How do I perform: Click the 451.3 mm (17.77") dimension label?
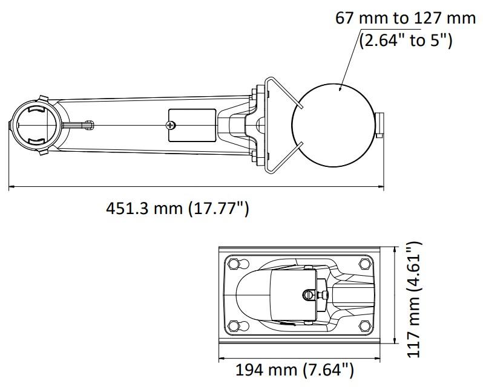[177, 209]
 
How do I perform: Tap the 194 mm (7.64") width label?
[295, 370]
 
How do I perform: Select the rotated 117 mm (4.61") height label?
[413, 300]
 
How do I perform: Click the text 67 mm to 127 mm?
[405, 18]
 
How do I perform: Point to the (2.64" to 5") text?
[406, 40]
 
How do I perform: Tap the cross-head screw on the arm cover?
[170, 125]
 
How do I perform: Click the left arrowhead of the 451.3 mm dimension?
[11, 186]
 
